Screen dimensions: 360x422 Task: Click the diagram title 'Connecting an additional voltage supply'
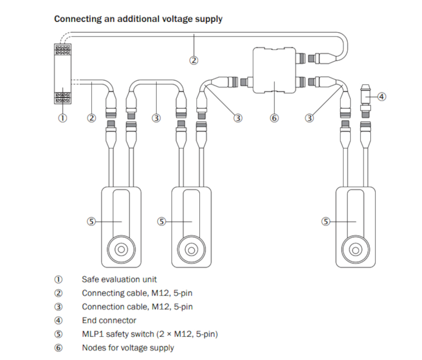pos(138,19)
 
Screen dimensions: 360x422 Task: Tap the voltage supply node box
pos(274,70)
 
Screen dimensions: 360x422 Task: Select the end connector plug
pos(365,97)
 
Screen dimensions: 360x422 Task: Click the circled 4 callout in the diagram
pos(382,97)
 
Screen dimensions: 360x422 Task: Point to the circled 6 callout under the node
pos(274,118)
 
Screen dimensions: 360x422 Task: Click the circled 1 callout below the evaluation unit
pos(62,118)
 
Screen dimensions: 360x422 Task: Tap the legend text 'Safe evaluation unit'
pos(119,279)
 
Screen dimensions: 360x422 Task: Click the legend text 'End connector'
pos(109,320)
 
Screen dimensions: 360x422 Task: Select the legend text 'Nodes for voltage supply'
pos(128,347)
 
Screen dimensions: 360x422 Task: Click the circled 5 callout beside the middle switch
pos(162,222)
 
